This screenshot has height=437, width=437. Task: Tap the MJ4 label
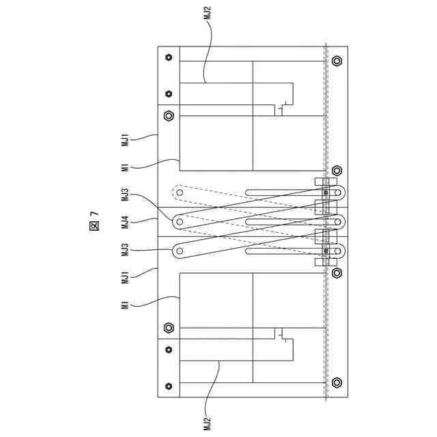point(125,222)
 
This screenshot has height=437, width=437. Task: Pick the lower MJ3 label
point(125,249)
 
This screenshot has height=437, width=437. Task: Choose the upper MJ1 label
point(125,141)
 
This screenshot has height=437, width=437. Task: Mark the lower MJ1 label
point(125,277)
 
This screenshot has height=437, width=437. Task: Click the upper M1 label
point(125,167)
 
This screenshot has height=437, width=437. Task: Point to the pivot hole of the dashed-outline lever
point(180,193)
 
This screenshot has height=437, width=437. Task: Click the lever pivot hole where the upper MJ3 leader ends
point(180,221)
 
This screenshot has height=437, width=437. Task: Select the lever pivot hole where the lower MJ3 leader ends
point(180,251)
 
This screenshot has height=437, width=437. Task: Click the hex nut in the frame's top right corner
point(337,61)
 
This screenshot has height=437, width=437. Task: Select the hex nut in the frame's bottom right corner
point(337,382)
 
